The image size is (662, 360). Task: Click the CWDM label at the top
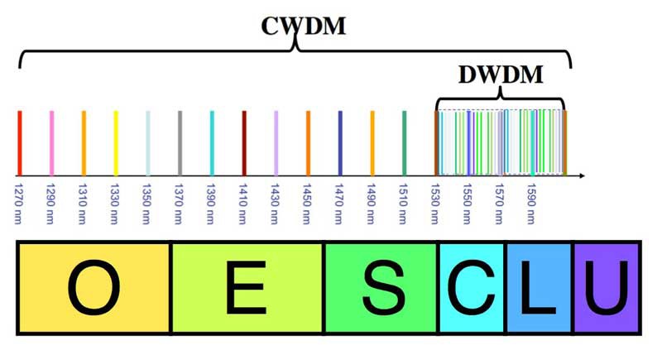point(304,25)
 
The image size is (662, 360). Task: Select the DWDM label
point(501,75)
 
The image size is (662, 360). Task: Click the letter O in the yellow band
point(92,287)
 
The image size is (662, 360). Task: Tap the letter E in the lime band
point(246,287)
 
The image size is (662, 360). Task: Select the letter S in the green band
point(381,287)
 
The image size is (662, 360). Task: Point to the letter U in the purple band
point(607,287)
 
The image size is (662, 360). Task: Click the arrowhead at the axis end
point(582,175)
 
